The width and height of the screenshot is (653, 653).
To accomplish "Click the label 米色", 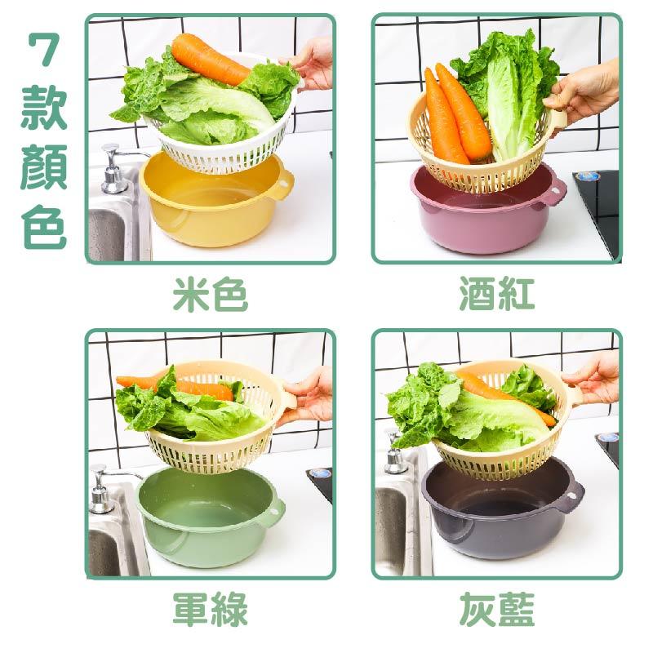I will pyautogui.click(x=210, y=295).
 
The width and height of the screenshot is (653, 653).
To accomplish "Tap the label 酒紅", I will pyautogui.click(x=496, y=295).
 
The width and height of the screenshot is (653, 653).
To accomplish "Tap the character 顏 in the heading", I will pyautogui.click(x=43, y=169).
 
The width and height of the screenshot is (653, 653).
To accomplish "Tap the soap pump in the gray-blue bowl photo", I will pyautogui.click(x=396, y=457).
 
